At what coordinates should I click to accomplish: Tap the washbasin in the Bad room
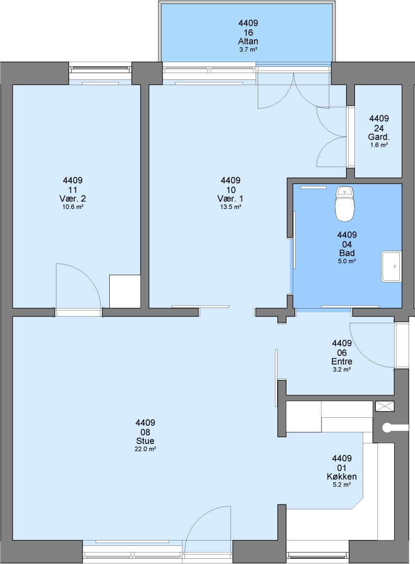pos(391,266)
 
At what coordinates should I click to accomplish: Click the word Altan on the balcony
pos(248,41)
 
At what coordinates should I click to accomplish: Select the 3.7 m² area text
pos(248,50)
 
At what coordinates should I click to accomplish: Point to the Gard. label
pos(378,137)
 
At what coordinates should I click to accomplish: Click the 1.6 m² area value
pos(378,145)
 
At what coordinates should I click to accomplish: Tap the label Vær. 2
pos(72,198)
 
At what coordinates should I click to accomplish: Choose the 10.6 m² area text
pos(73,207)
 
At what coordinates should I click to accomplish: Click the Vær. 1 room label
pos(230,198)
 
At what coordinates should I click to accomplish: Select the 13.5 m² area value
pos(230,207)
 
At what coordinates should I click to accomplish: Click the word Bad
pos(347,253)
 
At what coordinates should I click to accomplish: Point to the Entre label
pos(342,361)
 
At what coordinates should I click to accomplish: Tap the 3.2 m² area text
pos(342,370)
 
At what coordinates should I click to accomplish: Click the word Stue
pos(145,441)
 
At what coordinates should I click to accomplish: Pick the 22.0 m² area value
pos(145,449)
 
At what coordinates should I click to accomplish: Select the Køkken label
pos(342,477)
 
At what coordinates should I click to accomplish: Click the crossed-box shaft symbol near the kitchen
pos(384,406)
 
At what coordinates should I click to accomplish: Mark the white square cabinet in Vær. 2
pos(124,291)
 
